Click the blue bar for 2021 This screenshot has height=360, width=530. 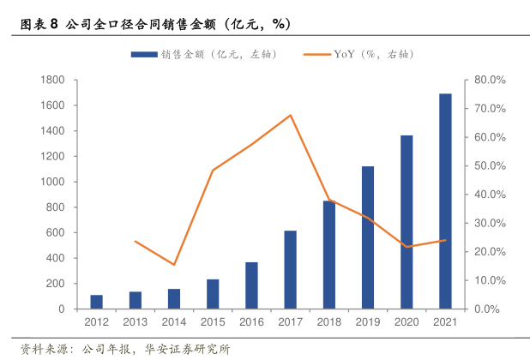point(445,201)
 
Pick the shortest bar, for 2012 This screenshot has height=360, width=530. point(96,302)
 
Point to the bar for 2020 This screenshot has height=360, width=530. point(407,222)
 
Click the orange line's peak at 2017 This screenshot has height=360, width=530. point(291,115)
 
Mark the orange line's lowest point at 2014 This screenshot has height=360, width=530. point(174,264)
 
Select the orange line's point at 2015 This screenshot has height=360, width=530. point(213,170)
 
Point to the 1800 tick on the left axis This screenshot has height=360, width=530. point(53,80)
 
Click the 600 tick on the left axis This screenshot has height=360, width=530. point(57,232)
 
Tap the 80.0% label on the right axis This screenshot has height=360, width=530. point(491,80)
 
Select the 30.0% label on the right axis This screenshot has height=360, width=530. point(491,223)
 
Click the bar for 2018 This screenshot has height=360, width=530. point(328,255)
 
